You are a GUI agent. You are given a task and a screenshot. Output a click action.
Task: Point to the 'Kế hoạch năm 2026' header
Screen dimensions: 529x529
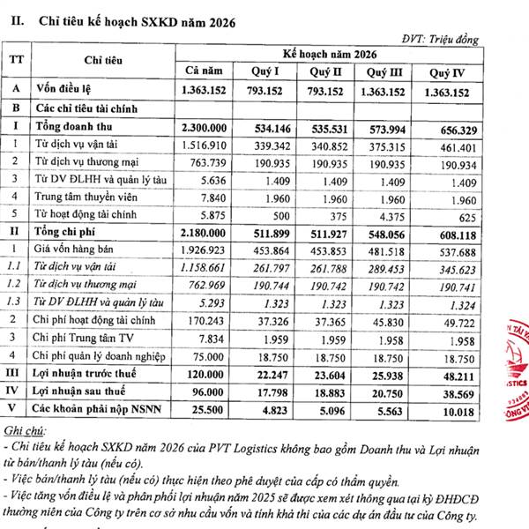(x=339, y=53)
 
